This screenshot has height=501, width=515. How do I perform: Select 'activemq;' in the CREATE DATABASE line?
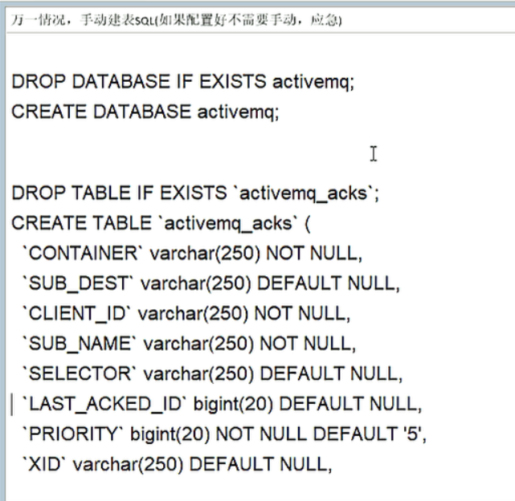coord(239,112)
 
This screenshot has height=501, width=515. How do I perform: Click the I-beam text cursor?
coord(374,153)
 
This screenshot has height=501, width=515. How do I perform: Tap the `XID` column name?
coord(44,464)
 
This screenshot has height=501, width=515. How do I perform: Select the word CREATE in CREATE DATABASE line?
coord(48,112)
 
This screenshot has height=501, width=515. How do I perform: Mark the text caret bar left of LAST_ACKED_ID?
coord(12,403)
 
